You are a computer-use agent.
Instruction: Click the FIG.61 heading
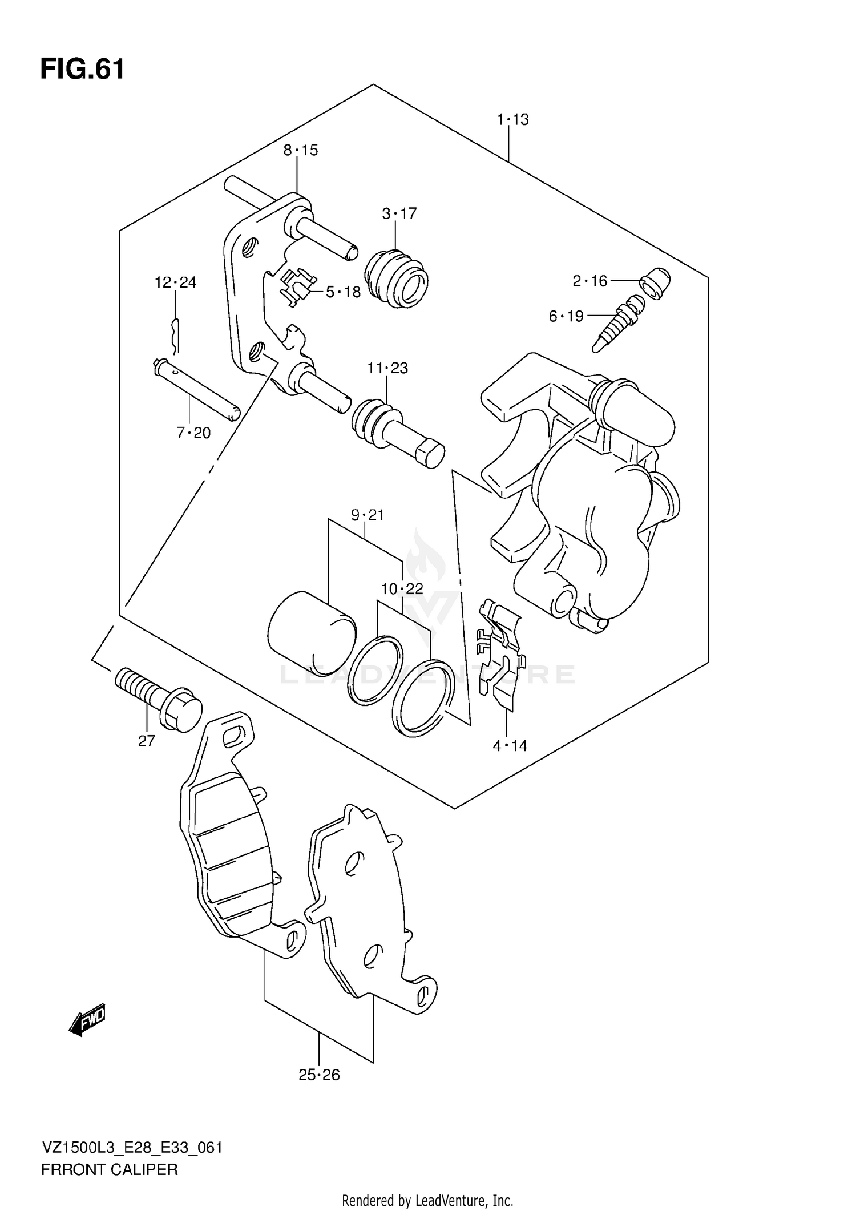[x=82, y=70]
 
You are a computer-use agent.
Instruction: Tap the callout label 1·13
[x=512, y=120]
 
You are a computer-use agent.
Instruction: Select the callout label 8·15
[x=301, y=150]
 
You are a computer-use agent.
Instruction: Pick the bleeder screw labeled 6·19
[x=617, y=324]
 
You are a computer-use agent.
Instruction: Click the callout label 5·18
[x=343, y=292]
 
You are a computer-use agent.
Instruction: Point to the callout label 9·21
[x=368, y=515]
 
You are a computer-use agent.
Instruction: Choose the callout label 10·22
[x=402, y=588]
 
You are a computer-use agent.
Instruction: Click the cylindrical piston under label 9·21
[x=311, y=632]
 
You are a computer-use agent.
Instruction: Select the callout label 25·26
[x=319, y=1075]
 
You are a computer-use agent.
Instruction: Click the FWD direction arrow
[x=87, y=1019]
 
